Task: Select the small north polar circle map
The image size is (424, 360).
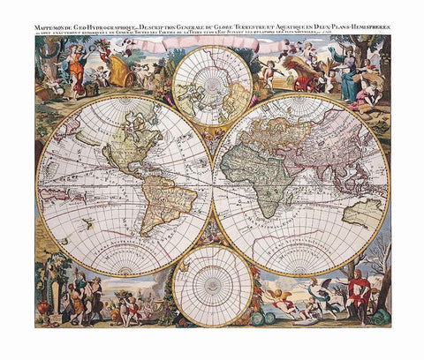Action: point(212,86)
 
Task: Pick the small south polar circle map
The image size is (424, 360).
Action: point(212,284)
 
